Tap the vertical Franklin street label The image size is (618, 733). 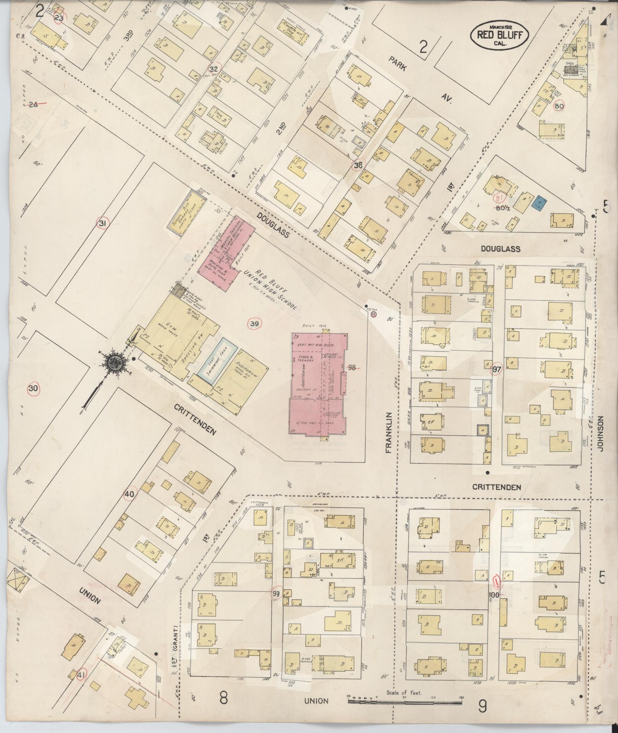tap(389, 433)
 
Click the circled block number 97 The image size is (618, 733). tap(497, 369)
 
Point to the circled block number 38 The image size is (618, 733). tap(358, 165)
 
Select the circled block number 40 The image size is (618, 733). tap(130, 494)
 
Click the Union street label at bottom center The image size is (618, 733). tap(316, 701)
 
